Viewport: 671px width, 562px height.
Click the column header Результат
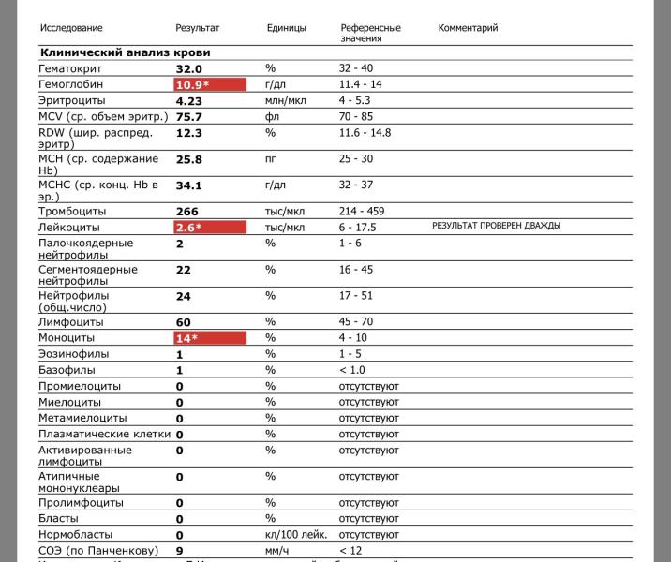[198, 28]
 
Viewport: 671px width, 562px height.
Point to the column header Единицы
[286, 28]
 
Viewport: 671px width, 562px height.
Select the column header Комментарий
[468, 28]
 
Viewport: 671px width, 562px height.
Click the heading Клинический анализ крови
[125, 52]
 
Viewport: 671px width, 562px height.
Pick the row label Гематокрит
[70, 69]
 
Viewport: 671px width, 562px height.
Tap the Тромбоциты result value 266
[187, 212]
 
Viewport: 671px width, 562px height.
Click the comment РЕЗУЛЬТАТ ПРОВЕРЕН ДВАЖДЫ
[496, 226]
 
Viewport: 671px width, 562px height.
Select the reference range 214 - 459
[362, 211]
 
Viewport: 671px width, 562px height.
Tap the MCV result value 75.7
[189, 117]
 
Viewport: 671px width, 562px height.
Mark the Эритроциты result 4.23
[189, 101]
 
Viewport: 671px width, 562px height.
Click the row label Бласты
[58, 518]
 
